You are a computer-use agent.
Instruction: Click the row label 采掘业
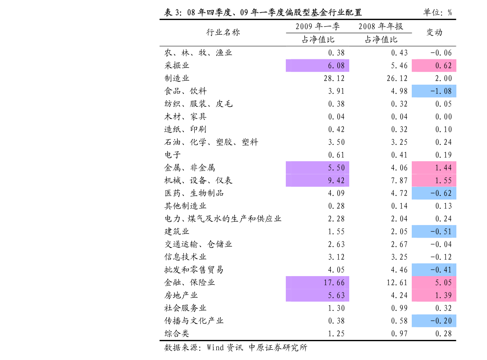pyautogui.click(x=177, y=65)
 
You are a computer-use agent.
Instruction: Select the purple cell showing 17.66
pyautogui.click(x=317, y=282)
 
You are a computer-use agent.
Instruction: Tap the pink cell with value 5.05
pyautogui.click(x=434, y=282)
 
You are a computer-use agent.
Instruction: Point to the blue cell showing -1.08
pyautogui.click(x=434, y=91)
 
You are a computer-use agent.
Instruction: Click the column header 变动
pyautogui.click(x=434, y=32)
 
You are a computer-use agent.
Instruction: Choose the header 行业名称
pyautogui.click(x=223, y=32)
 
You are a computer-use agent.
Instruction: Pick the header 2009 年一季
pyautogui.click(x=317, y=27)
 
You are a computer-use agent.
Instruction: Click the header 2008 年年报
pyautogui.click(x=381, y=27)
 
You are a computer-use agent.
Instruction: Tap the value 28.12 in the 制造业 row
pyautogui.click(x=334, y=78)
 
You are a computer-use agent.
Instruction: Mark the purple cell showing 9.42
pyautogui.click(x=317, y=180)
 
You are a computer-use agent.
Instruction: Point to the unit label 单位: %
pyautogui.click(x=438, y=12)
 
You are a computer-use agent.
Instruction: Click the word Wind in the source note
pyautogui.click(x=215, y=347)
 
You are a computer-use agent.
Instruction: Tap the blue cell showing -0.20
pyautogui.click(x=434, y=321)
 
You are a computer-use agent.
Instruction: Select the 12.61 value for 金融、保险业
pyautogui.click(x=397, y=283)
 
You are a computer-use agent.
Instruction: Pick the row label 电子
pyautogui.click(x=173, y=155)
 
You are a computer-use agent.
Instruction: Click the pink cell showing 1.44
pyautogui.click(x=434, y=168)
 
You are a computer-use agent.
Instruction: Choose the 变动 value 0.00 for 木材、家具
pyautogui.click(x=444, y=117)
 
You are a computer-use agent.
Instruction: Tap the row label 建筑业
pyautogui.click(x=177, y=232)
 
